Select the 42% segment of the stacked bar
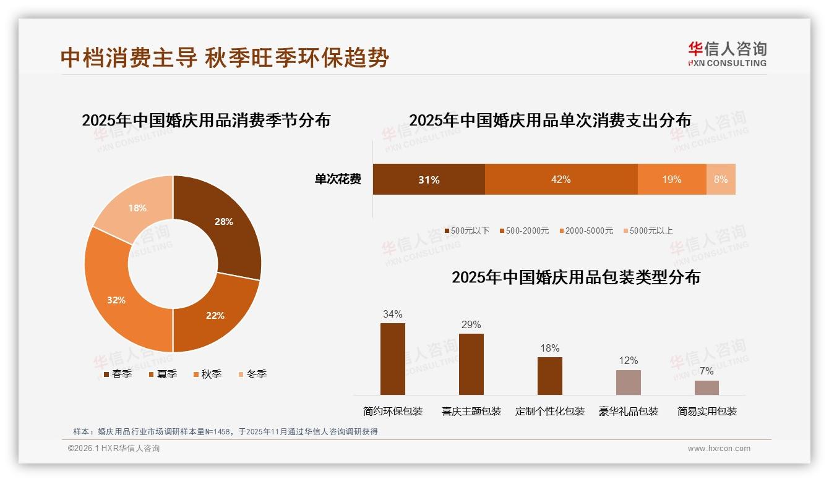(x=561, y=179)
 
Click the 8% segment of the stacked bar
(x=721, y=179)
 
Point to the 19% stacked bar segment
(x=672, y=179)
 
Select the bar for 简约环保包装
(x=392, y=358)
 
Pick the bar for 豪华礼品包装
(x=629, y=382)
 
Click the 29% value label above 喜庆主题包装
(x=471, y=325)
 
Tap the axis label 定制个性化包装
(x=550, y=411)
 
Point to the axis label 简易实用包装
(x=707, y=411)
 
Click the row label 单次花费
(x=338, y=179)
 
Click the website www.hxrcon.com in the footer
(x=719, y=449)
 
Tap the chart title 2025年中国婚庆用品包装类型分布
(x=576, y=277)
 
